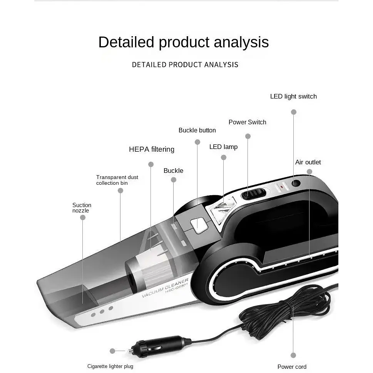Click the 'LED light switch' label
tap(293, 96)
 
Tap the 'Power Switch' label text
tap(248, 122)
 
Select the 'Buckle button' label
tap(197, 130)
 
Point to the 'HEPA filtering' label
tap(152, 149)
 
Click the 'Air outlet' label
tap(308, 162)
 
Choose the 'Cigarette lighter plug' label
tap(110, 366)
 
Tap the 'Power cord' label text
tap(292, 366)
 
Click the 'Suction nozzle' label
tap(82, 208)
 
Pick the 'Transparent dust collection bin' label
tap(117, 180)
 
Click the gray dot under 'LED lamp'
tap(223, 157)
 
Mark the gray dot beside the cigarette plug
tap(112, 351)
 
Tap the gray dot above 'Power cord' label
tap(293, 355)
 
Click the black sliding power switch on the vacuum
tap(253, 194)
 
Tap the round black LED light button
tap(296, 183)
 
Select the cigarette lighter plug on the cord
tap(157, 348)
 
